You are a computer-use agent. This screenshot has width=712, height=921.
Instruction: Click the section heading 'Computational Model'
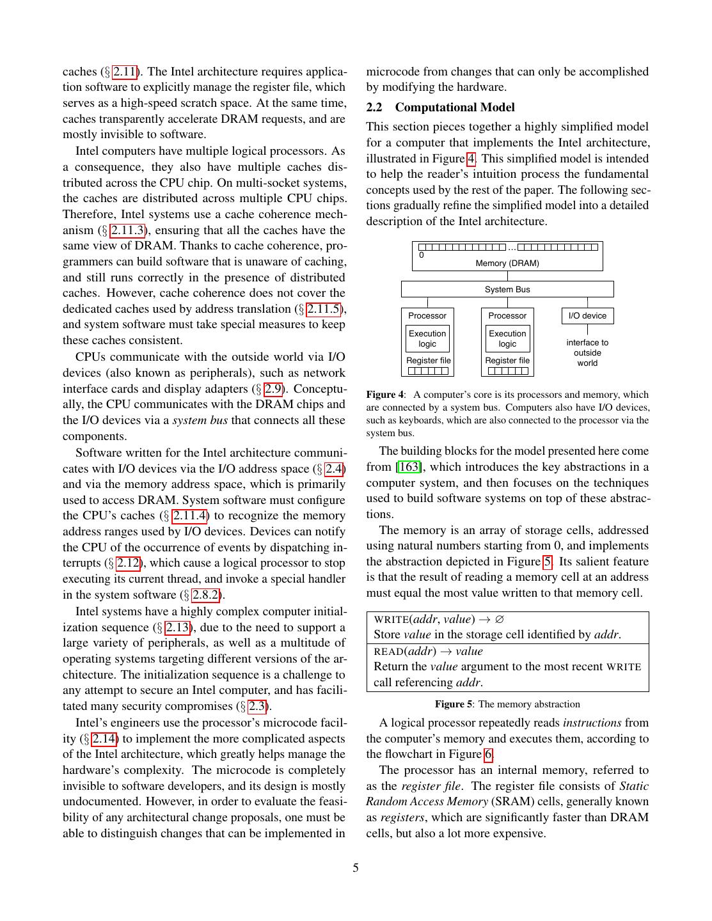455,107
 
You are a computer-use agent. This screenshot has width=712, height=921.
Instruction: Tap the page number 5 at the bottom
356,868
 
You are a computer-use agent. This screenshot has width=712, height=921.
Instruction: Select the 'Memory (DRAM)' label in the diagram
507,264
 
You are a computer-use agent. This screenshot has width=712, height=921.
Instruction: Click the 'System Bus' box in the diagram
507,290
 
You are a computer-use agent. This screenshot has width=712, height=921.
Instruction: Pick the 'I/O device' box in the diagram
587,316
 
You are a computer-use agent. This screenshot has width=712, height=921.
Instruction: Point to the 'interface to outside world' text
587,353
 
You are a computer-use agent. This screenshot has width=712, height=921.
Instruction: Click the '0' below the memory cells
422,255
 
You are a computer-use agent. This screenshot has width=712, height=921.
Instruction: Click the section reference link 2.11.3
128,230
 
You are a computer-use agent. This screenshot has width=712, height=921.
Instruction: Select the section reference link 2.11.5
326,309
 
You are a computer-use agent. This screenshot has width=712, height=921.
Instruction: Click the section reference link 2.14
104,739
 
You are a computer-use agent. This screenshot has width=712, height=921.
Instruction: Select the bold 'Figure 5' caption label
454,704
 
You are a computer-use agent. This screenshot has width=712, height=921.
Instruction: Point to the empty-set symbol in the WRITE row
500,619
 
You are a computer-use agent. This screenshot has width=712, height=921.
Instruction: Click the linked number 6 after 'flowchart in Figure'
488,755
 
